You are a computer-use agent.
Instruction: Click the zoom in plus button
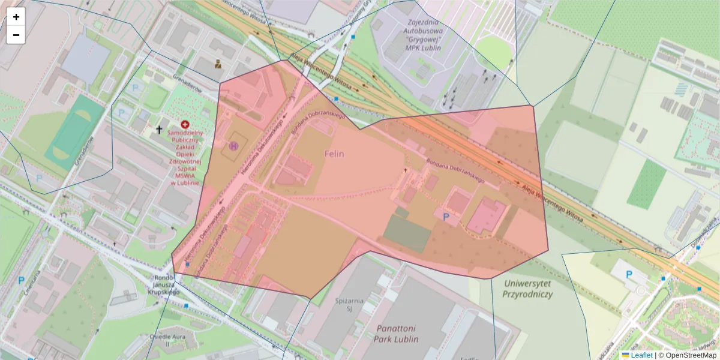click(x=16, y=17)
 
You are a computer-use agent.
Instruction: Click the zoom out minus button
click(x=16, y=35)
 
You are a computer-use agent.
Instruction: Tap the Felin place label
click(x=334, y=154)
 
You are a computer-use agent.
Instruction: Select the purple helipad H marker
click(x=233, y=145)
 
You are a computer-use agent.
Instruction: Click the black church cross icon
click(x=160, y=129)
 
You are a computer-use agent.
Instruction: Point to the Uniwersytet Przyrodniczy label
click(x=529, y=289)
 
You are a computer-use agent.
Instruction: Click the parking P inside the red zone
click(x=445, y=217)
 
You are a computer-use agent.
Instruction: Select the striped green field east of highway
click(x=646, y=185)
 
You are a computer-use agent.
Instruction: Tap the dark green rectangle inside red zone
click(x=407, y=233)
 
